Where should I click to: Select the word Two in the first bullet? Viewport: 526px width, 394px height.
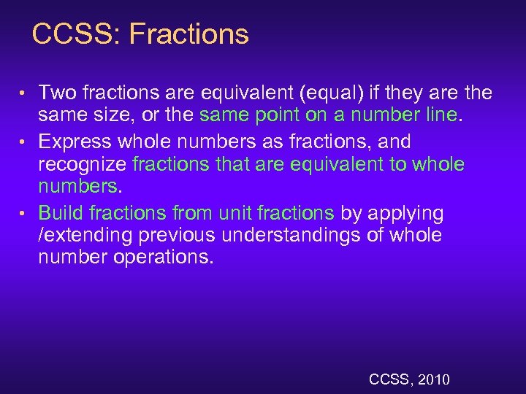click(x=58, y=93)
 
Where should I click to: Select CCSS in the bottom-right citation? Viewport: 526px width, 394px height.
click(x=391, y=379)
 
